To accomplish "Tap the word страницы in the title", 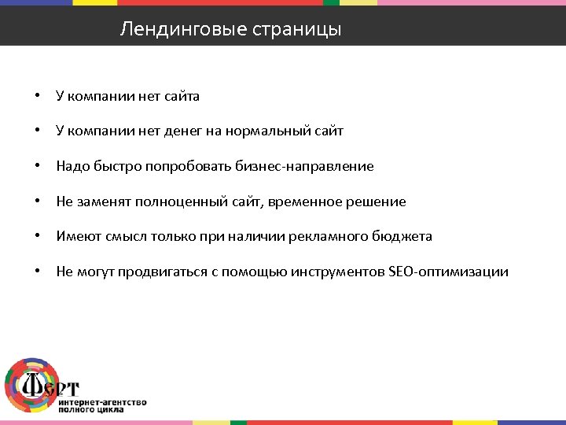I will point(296,31).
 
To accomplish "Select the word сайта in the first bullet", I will point(182,97).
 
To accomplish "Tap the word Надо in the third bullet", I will point(71,167).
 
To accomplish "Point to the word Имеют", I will point(76,237).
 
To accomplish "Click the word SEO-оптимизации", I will point(448,272).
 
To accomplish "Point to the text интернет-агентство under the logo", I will point(101,402).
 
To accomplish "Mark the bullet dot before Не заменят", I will point(37,202).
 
